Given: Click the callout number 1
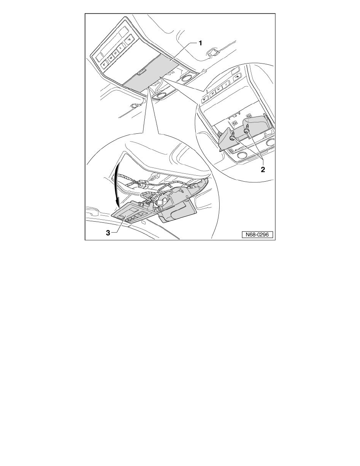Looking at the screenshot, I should point(200,44).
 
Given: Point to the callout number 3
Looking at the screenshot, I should point(108,232).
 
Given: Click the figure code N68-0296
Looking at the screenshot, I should point(257,235).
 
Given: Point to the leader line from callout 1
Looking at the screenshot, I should point(184,53).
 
